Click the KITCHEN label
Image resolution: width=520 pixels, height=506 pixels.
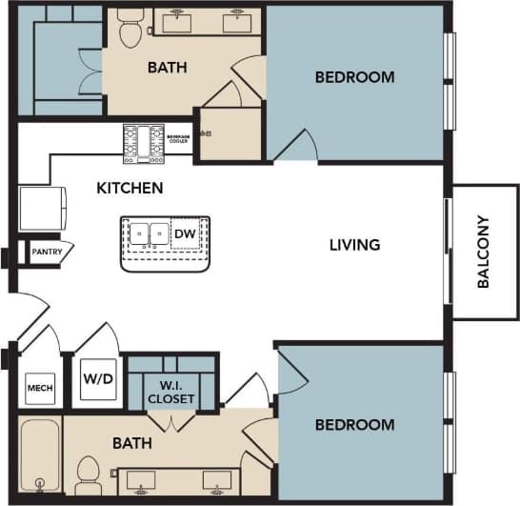point(130,188)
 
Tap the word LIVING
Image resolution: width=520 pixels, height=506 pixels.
point(354,245)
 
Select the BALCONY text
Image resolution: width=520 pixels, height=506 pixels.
point(484,253)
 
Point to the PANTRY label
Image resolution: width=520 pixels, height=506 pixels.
point(47,253)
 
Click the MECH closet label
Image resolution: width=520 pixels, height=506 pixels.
point(39,388)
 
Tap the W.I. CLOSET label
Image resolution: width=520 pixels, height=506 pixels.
point(171,393)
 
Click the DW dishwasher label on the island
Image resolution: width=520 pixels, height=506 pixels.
point(184,233)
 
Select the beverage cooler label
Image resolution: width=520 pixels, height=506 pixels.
point(179,138)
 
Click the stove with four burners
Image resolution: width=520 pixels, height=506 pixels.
point(145,141)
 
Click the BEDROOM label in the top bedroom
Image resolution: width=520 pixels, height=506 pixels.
point(354,77)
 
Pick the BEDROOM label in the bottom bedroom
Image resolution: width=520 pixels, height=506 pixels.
point(354,424)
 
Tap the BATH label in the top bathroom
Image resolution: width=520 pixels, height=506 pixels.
point(167,68)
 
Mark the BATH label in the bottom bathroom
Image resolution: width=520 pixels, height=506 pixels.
point(131,443)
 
